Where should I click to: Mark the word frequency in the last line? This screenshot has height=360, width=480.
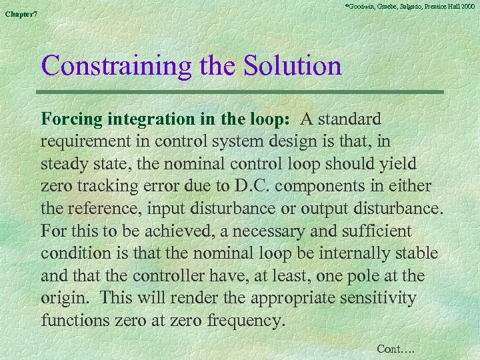pos(247,321)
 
